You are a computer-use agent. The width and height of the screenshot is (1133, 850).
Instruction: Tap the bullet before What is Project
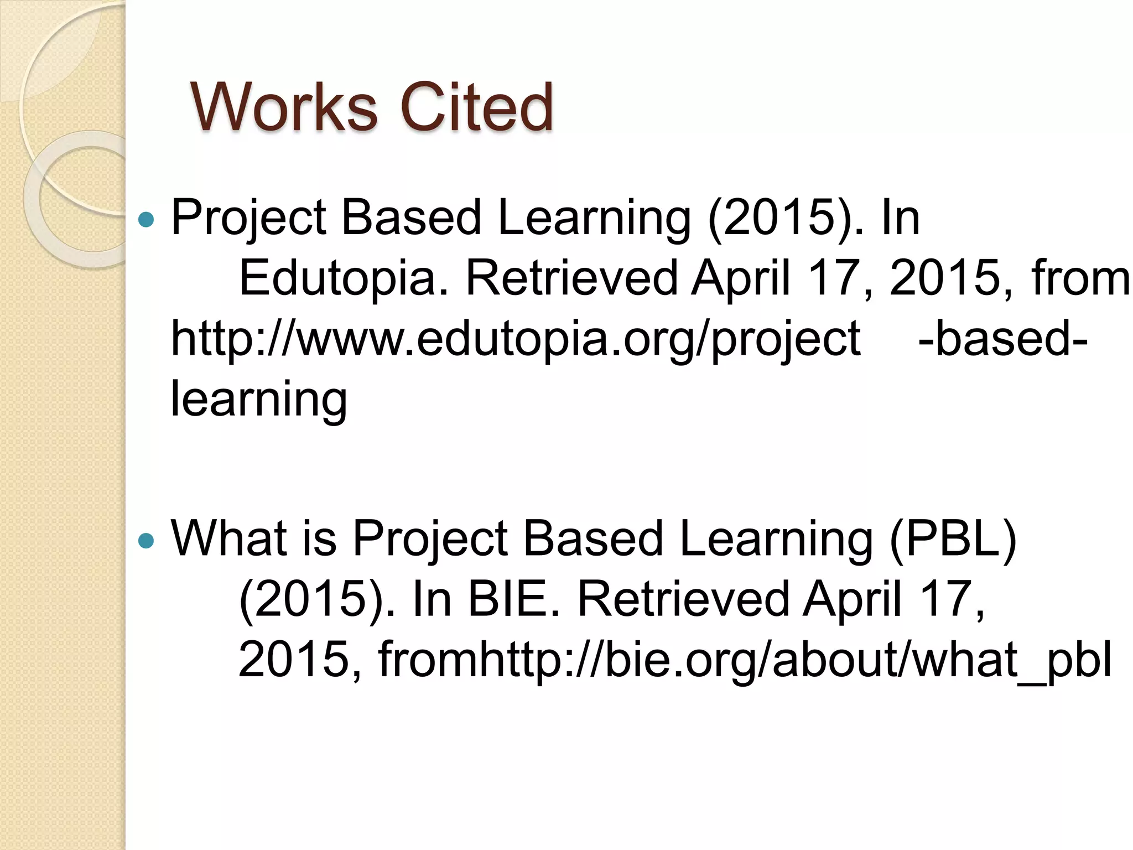tap(146, 540)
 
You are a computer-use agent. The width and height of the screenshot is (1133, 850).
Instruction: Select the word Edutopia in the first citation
tap(343, 279)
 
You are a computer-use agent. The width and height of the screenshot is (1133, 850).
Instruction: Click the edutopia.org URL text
tap(514, 339)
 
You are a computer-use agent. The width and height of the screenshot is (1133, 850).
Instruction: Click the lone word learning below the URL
tap(259, 400)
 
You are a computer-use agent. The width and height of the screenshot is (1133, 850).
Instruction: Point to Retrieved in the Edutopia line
tap(572, 279)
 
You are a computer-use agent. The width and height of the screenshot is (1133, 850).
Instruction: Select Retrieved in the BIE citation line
tap(684, 600)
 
